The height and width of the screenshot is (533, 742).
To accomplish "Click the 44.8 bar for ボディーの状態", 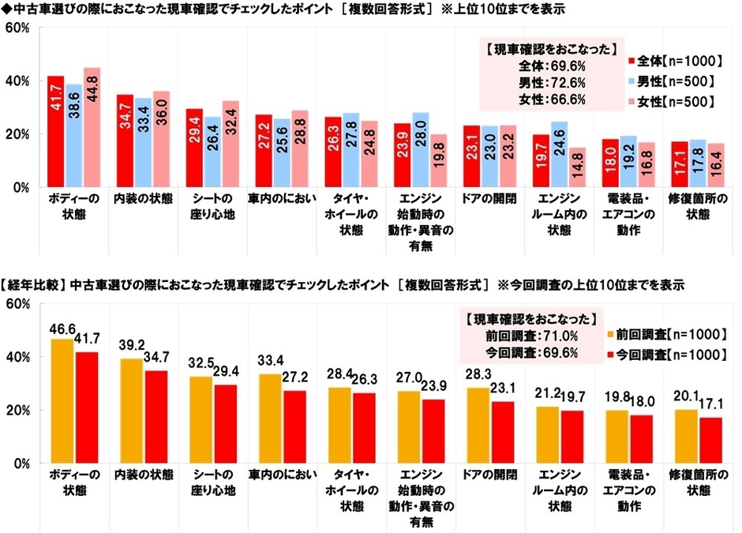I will pyautogui.click(x=92, y=127).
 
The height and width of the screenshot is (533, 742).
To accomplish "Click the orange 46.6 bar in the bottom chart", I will pyautogui.click(x=62, y=401).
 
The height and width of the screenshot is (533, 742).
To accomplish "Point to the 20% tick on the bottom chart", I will pyautogui.click(x=17, y=411).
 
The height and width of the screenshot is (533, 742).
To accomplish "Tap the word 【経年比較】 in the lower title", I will pyautogui.click(x=34, y=284).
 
